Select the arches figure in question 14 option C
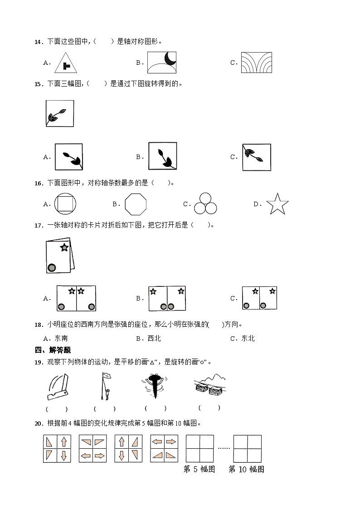click(x=257, y=63)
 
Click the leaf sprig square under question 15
click(x=59, y=113)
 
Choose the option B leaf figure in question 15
click(x=162, y=156)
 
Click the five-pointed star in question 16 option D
click(x=277, y=204)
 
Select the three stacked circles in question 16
click(x=205, y=204)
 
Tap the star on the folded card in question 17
click(x=64, y=247)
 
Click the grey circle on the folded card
click(x=52, y=268)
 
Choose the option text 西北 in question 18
click(x=154, y=338)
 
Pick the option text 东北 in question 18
click(x=248, y=338)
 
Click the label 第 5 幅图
click(x=199, y=469)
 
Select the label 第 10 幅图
click(x=246, y=469)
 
